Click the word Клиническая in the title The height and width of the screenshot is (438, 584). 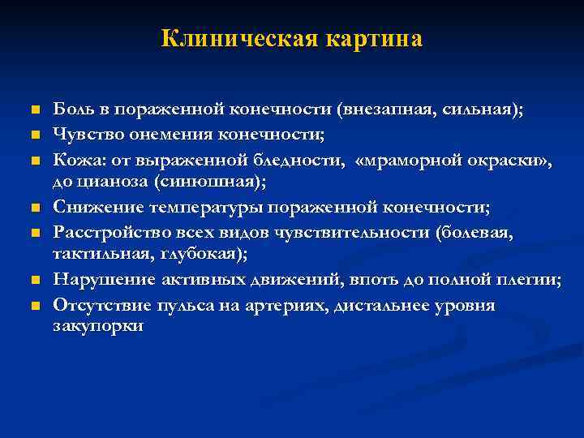pos(237,38)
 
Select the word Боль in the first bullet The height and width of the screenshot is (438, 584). pos(71,111)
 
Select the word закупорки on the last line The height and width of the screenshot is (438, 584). pos(98,325)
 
